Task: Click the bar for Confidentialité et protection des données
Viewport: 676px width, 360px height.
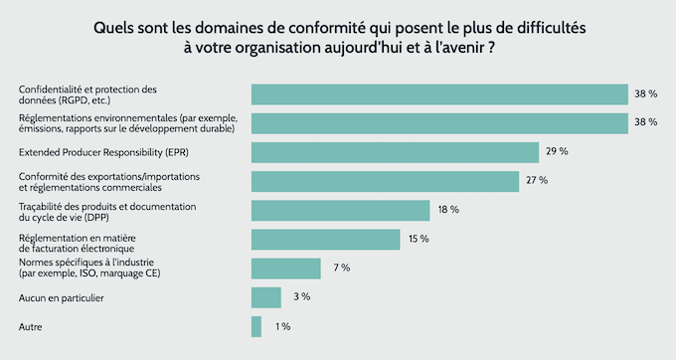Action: pyautogui.click(x=439, y=94)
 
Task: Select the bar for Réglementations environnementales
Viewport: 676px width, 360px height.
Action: pyautogui.click(x=439, y=123)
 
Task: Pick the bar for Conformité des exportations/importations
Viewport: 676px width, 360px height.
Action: pyautogui.click(x=385, y=181)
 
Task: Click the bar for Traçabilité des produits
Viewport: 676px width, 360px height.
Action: pyautogui.click(x=340, y=210)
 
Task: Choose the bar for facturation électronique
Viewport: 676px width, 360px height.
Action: pyautogui.click(x=325, y=240)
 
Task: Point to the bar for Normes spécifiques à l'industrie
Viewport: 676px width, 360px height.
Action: pyautogui.click(x=285, y=269)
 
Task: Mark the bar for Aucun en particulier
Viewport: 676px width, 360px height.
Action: pyautogui.click(x=265, y=297)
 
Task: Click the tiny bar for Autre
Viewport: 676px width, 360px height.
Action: pyautogui.click(x=256, y=326)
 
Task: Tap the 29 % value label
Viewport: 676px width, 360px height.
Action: pyautogui.click(x=557, y=152)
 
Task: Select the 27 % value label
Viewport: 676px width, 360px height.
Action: pyautogui.click(x=537, y=181)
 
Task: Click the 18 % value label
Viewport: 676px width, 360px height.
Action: pyautogui.click(x=447, y=210)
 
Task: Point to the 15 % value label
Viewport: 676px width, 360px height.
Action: pyautogui.click(x=418, y=240)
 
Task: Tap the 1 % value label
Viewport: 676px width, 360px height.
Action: pyautogui.click(x=282, y=326)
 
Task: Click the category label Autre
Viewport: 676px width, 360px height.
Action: pyautogui.click(x=31, y=326)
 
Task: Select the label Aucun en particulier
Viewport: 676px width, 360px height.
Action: pyautogui.click(x=62, y=297)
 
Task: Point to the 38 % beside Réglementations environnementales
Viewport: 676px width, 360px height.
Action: pyautogui.click(x=646, y=123)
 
